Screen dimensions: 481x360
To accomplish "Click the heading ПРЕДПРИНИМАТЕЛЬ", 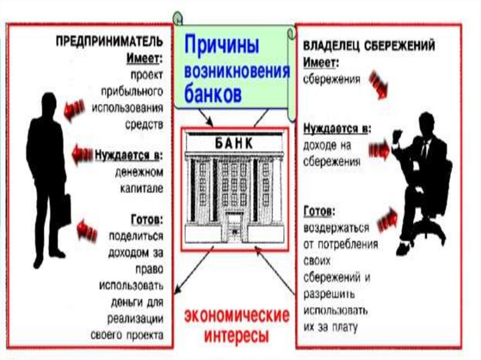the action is click(x=110, y=41).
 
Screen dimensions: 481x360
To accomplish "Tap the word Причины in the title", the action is click(x=222, y=46).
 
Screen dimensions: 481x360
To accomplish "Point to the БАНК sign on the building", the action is click(x=234, y=143).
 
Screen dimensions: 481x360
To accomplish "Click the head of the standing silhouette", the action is click(x=48, y=103).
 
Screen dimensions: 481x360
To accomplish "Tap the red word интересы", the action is click(x=236, y=336).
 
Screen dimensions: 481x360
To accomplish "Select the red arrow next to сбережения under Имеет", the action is click(x=378, y=85).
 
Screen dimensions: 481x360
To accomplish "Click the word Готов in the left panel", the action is click(x=147, y=219).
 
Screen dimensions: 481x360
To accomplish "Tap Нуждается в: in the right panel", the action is click(x=337, y=128).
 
